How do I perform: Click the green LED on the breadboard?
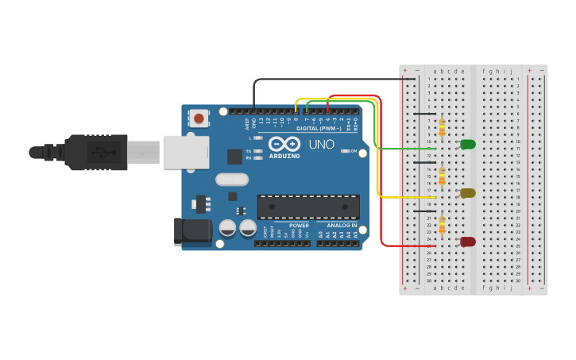click(x=468, y=144)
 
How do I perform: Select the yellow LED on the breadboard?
click(x=468, y=192)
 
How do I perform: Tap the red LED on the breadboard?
click(x=468, y=242)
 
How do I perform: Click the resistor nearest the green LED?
click(x=442, y=127)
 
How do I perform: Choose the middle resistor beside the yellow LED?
click(x=442, y=176)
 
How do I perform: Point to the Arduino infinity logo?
click(x=284, y=144)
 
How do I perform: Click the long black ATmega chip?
click(x=308, y=207)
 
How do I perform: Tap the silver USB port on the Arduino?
click(x=186, y=152)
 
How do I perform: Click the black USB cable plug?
click(x=95, y=152)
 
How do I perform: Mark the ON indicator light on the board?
click(x=345, y=150)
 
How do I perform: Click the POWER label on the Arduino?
click(x=299, y=226)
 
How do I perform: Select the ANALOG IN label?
click(x=342, y=226)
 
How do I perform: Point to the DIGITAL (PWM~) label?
click(x=319, y=128)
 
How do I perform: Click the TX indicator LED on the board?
click(x=257, y=151)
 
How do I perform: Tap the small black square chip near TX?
click(x=234, y=157)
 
